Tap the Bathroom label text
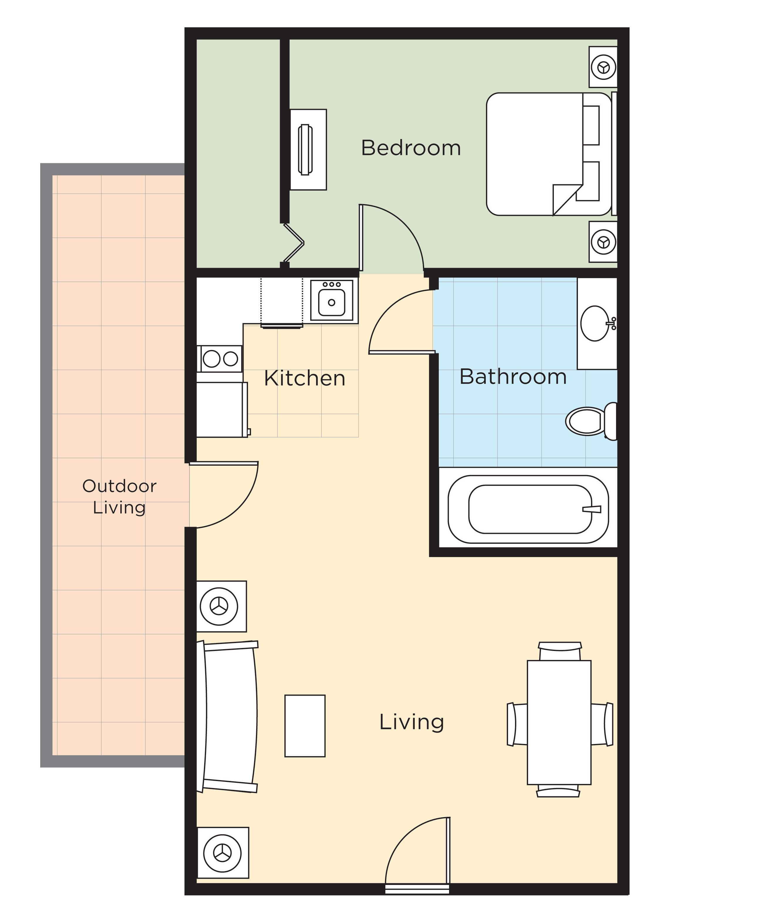click(x=513, y=377)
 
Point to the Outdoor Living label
click(x=119, y=496)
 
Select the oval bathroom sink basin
click(x=595, y=323)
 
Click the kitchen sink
click(x=332, y=300)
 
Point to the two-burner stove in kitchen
click(x=220, y=358)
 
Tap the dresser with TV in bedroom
click(x=308, y=150)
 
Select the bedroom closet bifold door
click(x=293, y=243)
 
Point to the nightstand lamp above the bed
click(x=603, y=67)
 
